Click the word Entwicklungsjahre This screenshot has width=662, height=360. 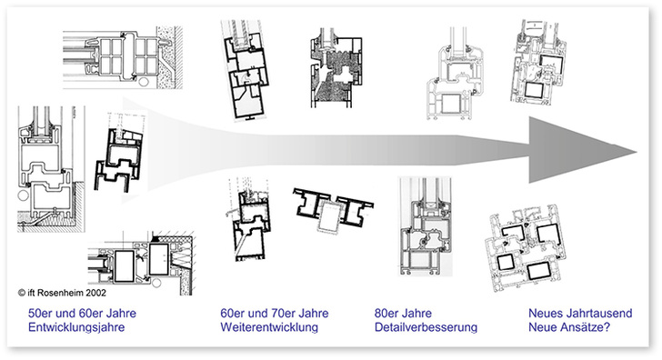[75, 327]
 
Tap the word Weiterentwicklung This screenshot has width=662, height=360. [270, 327]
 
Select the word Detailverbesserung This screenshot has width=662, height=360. [426, 327]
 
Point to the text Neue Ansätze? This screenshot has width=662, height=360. [568, 327]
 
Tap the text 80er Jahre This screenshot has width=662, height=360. [401, 314]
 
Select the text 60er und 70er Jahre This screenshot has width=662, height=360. [275, 314]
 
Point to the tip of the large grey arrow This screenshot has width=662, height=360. [634, 149]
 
